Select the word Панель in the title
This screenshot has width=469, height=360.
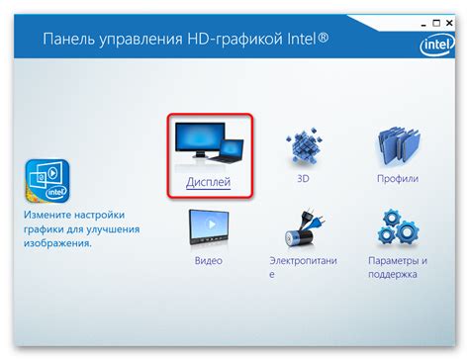[69, 41]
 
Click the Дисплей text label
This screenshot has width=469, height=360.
[208, 182]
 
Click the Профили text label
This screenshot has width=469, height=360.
[399, 180]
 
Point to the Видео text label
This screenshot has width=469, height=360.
[209, 261]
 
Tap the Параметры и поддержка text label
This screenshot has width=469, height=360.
[400, 269]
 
